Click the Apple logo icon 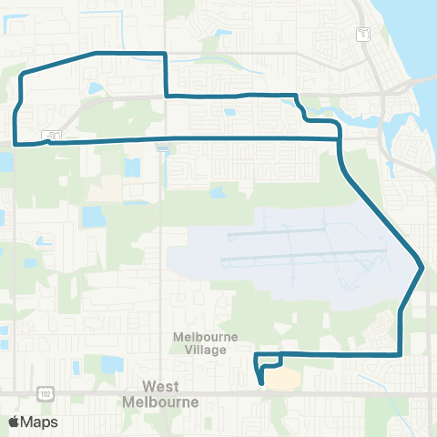[14, 422]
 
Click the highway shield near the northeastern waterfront [363, 34]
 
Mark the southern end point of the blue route [262, 383]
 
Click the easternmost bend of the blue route [422, 267]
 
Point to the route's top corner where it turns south [165, 55]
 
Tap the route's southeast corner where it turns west [401, 353]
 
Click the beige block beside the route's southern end [283, 377]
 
